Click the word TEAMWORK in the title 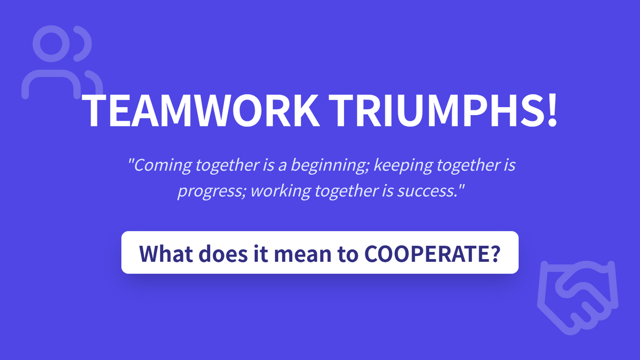coord(201,110)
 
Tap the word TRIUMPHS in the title coord(437,110)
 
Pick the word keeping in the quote coord(403,166)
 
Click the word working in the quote coord(281,191)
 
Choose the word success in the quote coord(426,191)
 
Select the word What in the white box coord(166,253)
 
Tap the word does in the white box coord(223,253)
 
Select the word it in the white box coord(261,253)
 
